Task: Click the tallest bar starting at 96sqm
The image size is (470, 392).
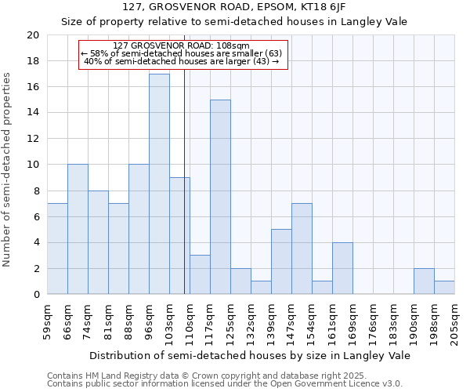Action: point(159,184)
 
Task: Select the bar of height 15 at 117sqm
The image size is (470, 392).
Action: point(220,197)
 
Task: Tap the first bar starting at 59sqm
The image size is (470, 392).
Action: point(57,249)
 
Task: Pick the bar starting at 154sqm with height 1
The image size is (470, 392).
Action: point(322,288)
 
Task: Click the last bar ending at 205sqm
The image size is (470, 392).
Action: point(444,288)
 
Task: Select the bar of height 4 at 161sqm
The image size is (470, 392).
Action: point(342,268)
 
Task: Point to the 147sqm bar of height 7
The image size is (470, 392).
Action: point(302,249)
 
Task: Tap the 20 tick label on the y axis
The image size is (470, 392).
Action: point(32,35)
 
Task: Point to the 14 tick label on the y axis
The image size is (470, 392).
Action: point(32,113)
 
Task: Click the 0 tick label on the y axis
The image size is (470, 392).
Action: point(35,294)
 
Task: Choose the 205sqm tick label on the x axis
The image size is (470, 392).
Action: point(454,323)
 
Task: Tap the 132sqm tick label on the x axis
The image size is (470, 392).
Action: point(251,323)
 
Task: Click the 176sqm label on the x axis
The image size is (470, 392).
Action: point(373,323)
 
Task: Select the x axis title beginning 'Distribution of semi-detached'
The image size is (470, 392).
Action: point(250,355)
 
